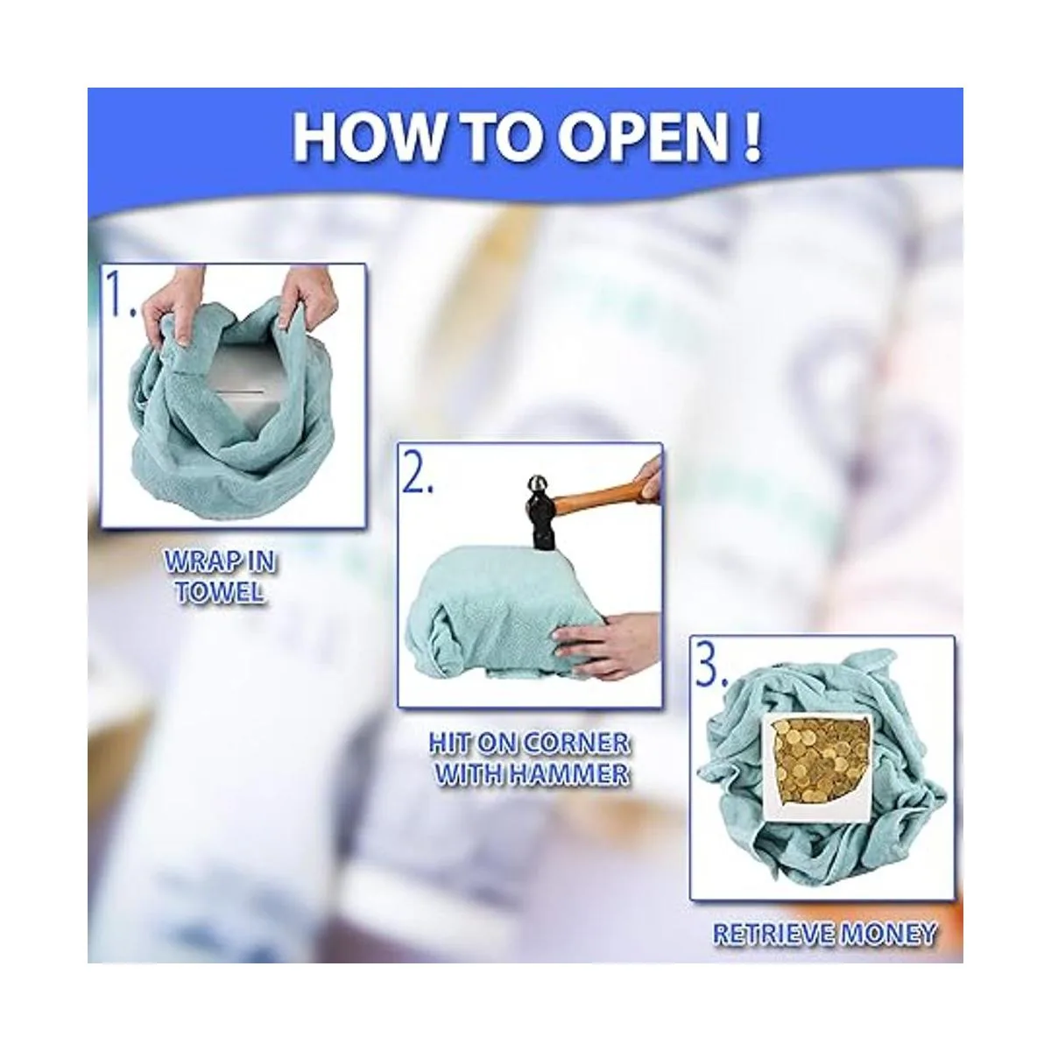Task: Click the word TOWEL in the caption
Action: pyautogui.click(x=220, y=592)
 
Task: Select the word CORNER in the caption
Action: pyautogui.click(x=570, y=744)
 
